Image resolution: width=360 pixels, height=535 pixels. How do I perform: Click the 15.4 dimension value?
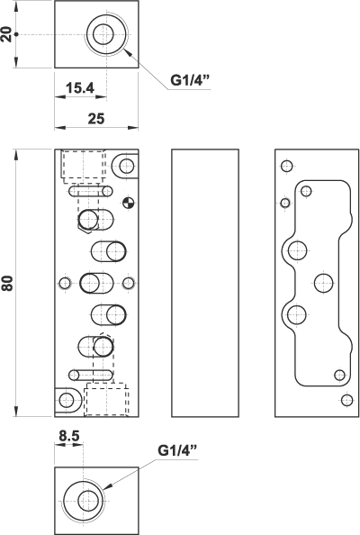coord(80,88)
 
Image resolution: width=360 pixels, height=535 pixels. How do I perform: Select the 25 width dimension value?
coord(96,119)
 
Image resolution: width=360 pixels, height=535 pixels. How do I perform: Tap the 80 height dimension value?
coord(7,283)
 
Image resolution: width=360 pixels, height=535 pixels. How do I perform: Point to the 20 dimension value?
coord(6,34)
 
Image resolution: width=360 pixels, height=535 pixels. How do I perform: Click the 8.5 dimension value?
coord(69,436)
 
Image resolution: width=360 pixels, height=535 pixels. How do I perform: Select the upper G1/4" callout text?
coord(190,80)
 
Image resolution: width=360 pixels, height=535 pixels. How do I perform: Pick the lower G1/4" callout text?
coord(177,450)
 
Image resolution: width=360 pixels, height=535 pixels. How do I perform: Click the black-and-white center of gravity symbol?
coord(129,203)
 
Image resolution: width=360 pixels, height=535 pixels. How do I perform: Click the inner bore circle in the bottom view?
coord(88,501)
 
